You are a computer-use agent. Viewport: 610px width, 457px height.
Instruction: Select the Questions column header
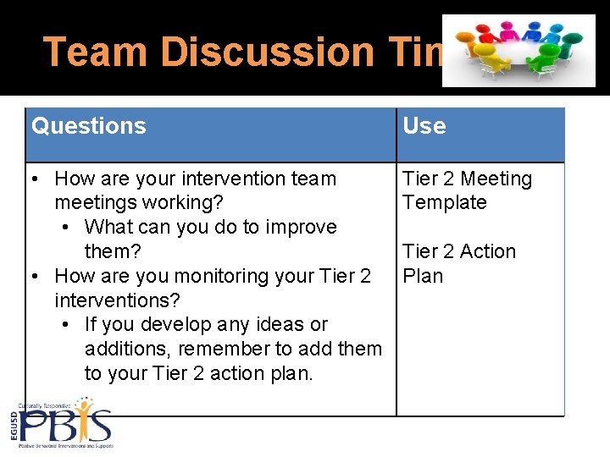pyautogui.click(x=89, y=126)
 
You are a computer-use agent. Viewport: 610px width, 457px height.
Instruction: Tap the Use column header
pyautogui.click(x=424, y=126)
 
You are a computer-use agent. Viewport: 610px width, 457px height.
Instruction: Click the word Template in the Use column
pyautogui.click(x=445, y=203)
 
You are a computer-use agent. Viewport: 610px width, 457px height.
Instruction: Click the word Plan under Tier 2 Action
pyautogui.click(x=423, y=276)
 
